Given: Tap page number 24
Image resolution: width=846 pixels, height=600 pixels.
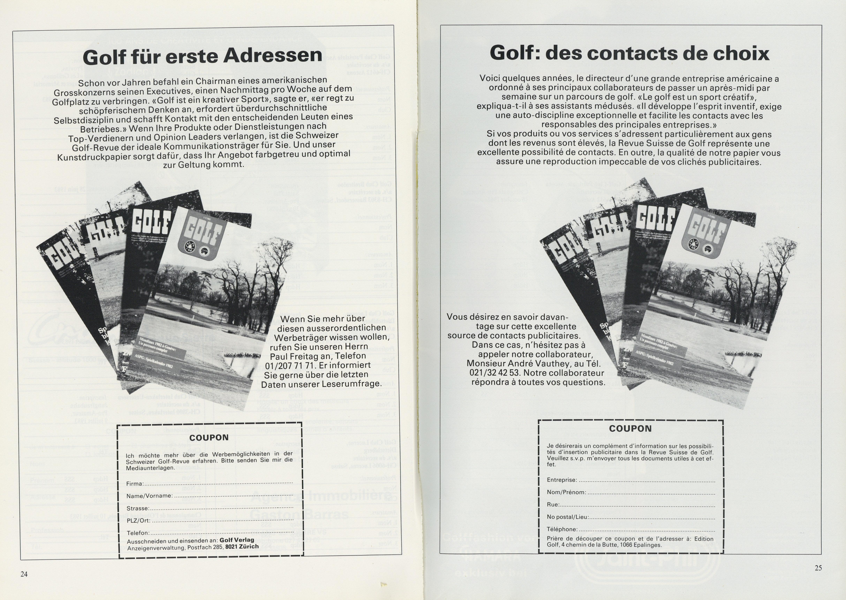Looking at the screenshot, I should [24, 574].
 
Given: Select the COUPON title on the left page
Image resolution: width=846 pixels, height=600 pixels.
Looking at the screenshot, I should [209, 437].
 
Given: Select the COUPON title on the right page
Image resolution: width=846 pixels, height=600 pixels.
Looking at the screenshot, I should [630, 428].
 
